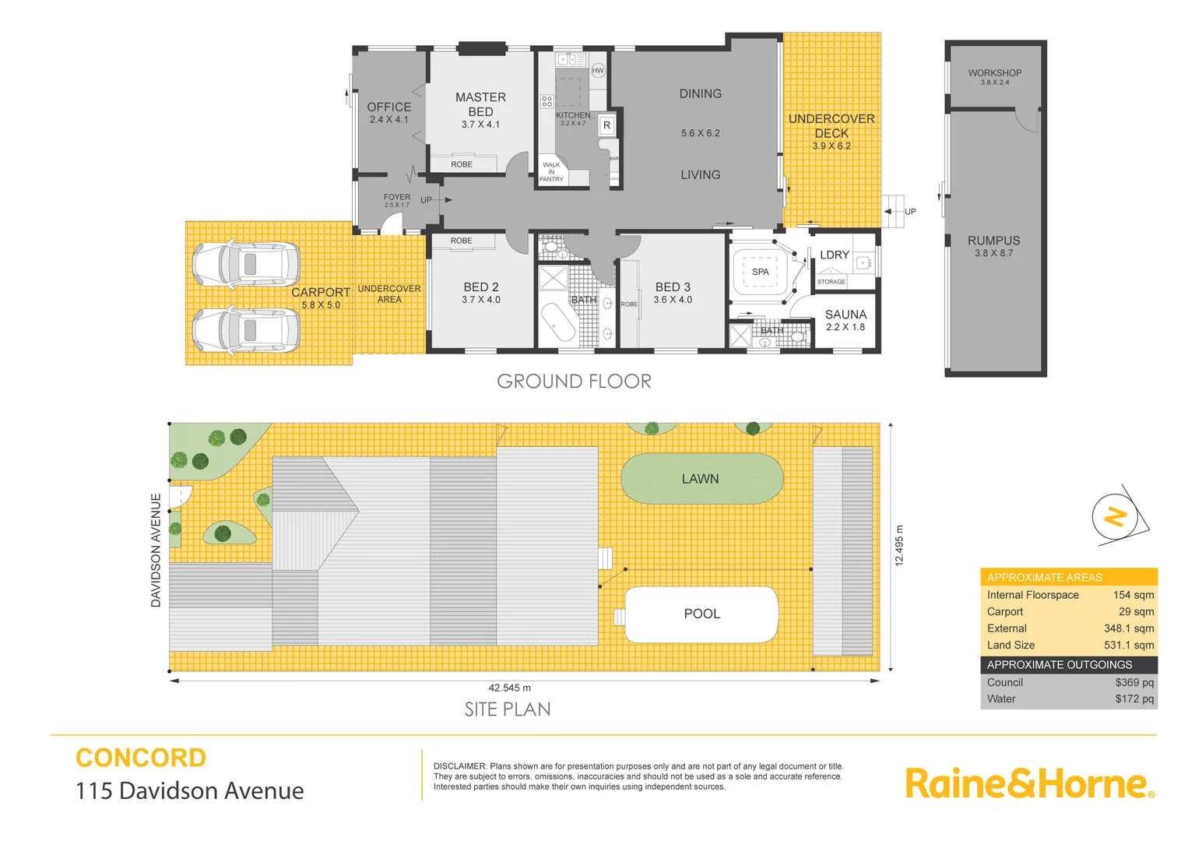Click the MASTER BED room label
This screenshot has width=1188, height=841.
pyautogui.click(x=480, y=104)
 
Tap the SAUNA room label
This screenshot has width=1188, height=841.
pyautogui.click(x=845, y=315)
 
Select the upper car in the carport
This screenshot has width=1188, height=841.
pyautogui.click(x=247, y=264)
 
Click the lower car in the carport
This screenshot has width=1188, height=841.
pyautogui.click(x=247, y=330)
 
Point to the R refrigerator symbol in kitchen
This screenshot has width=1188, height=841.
pyautogui.click(x=606, y=125)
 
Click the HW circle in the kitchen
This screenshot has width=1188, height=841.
pyautogui.click(x=598, y=71)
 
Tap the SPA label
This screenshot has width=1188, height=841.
pyautogui.click(x=761, y=272)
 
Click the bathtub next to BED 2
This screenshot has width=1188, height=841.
pyautogui.click(x=557, y=322)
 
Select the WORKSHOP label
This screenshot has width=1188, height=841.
pyautogui.click(x=994, y=73)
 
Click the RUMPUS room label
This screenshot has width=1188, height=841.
pyautogui.click(x=993, y=241)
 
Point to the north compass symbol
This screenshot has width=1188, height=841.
pyautogui.click(x=1117, y=516)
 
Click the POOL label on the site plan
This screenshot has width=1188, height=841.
pyautogui.click(x=701, y=614)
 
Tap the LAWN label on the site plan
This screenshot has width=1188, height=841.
pyautogui.click(x=700, y=479)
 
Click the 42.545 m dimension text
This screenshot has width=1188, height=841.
pyautogui.click(x=510, y=688)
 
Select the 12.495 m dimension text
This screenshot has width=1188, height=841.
pyautogui.click(x=899, y=545)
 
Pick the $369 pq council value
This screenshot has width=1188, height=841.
pyautogui.click(x=1134, y=682)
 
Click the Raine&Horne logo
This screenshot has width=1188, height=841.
pyautogui.click(x=1028, y=783)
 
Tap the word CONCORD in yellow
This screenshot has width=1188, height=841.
pyautogui.click(x=141, y=758)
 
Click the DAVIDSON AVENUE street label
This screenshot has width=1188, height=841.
pyautogui.click(x=156, y=550)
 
